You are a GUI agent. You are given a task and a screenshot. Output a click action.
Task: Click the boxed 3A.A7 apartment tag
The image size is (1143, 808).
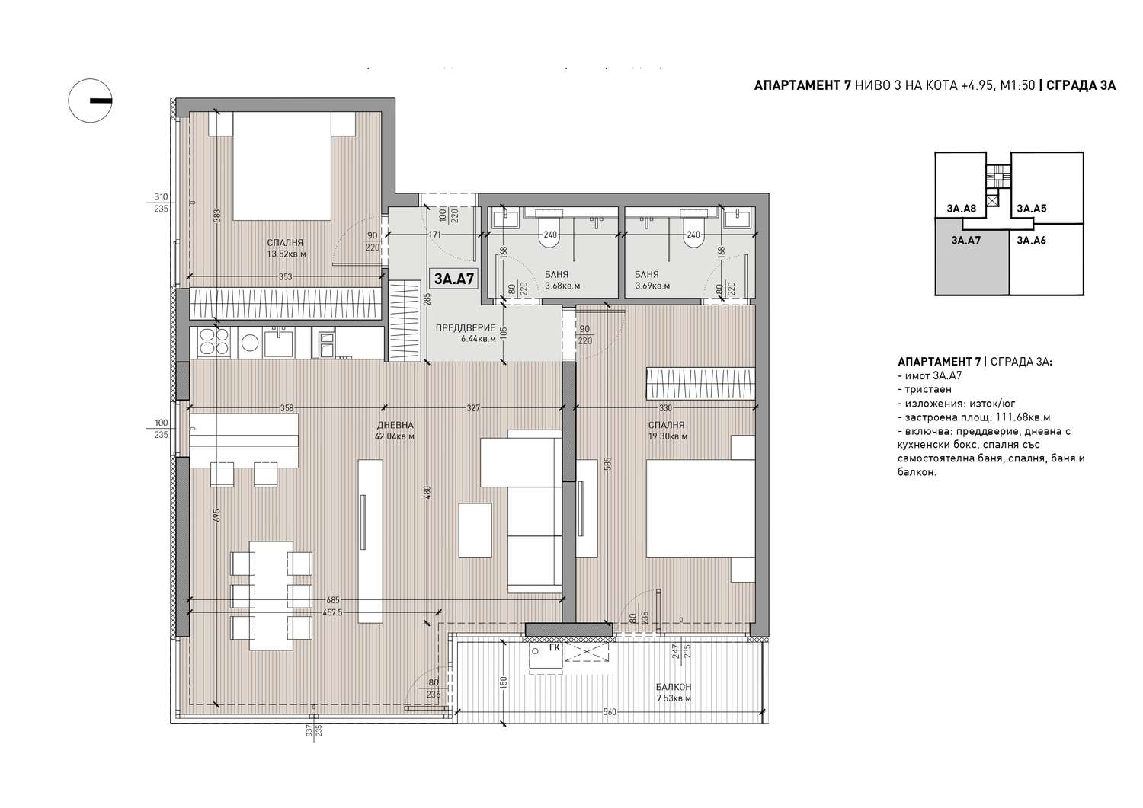pyautogui.click(x=453, y=279)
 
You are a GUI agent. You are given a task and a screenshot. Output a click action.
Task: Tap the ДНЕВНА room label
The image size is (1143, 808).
pyautogui.click(x=395, y=425)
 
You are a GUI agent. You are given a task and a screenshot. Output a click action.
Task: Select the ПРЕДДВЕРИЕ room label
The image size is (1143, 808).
pyautogui.click(x=466, y=328)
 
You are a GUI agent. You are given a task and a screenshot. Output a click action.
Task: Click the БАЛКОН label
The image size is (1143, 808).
pyautogui.click(x=674, y=687)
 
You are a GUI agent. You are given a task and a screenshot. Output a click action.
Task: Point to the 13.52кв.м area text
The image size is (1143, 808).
pyautogui.click(x=287, y=254)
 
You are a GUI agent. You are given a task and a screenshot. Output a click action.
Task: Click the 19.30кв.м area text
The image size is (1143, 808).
pyautogui.click(x=668, y=436)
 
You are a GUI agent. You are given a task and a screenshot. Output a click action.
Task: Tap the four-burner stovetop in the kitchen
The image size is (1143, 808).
pyautogui.click(x=214, y=341)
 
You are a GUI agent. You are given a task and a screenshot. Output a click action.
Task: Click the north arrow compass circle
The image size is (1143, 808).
pyautogui.click(x=91, y=101)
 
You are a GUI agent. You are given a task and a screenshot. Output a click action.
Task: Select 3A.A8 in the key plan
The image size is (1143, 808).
pyautogui.click(x=962, y=208)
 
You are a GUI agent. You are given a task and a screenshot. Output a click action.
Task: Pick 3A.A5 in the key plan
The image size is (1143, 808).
pyautogui.click(x=1031, y=208)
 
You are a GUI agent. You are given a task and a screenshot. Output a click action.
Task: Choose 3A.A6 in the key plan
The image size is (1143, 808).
pyautogui.click(x=1031, y=240)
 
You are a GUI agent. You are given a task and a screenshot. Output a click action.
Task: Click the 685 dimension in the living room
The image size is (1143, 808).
pyautogui.click(x=332, y=600)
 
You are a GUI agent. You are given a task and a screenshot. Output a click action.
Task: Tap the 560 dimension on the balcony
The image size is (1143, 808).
pyautogui.click(x=610, y=711)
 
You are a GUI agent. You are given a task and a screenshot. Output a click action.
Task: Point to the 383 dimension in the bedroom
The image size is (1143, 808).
pyautogui.click(x=216, y=216)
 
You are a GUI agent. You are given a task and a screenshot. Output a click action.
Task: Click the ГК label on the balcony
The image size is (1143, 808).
pyautogui.click(x=555, y=648)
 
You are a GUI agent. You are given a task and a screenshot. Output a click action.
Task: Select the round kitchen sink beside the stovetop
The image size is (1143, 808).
pyautogui.click(x=249, y=342)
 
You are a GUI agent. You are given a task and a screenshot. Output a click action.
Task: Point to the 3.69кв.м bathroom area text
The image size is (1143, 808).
pyautogui.click(x=652, y=286)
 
